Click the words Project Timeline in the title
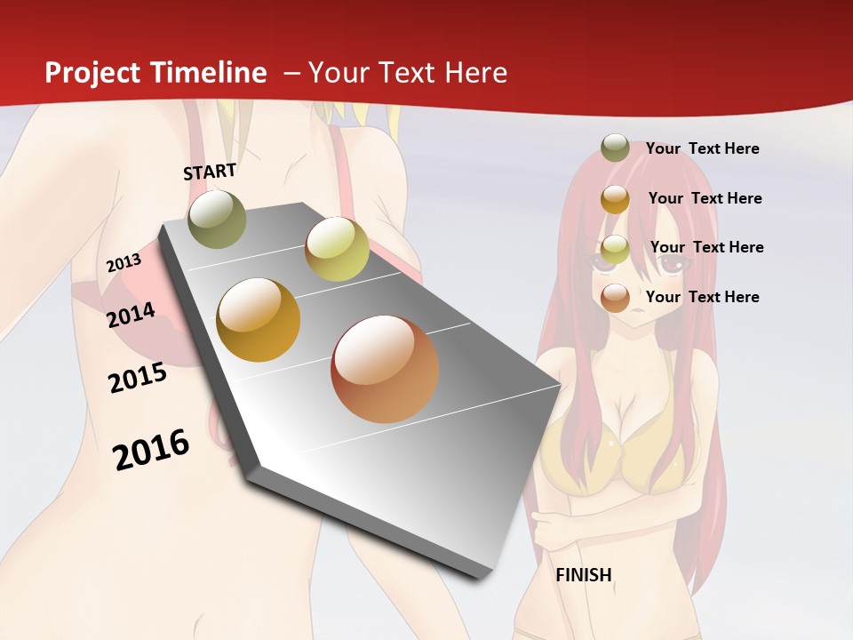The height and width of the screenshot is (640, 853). [155, 73]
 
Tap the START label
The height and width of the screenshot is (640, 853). [210, 172]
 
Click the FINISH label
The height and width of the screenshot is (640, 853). [584, 575]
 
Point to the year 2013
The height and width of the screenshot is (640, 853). [124, 263]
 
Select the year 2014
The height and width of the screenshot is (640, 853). [132, 315]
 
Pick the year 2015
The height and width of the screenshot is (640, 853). [138, 378]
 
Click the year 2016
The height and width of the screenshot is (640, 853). [151, 450]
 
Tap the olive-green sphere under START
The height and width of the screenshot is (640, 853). [218, 219]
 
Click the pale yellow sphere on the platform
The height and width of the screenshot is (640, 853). [337, 248]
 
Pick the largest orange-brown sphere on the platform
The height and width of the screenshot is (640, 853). [385, 369]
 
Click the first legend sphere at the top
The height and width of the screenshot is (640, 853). [615, 148]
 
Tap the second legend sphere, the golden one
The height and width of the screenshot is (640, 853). [615, 199]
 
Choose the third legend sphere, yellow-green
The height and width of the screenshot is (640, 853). [615, 249]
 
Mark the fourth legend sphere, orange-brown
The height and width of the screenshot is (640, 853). [615, 298]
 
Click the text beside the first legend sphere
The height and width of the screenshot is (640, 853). [702, 148]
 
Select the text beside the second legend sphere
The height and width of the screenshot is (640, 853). [705, 198]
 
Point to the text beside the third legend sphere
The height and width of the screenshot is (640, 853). [706, 247]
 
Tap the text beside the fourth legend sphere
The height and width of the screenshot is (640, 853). [702, 297]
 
